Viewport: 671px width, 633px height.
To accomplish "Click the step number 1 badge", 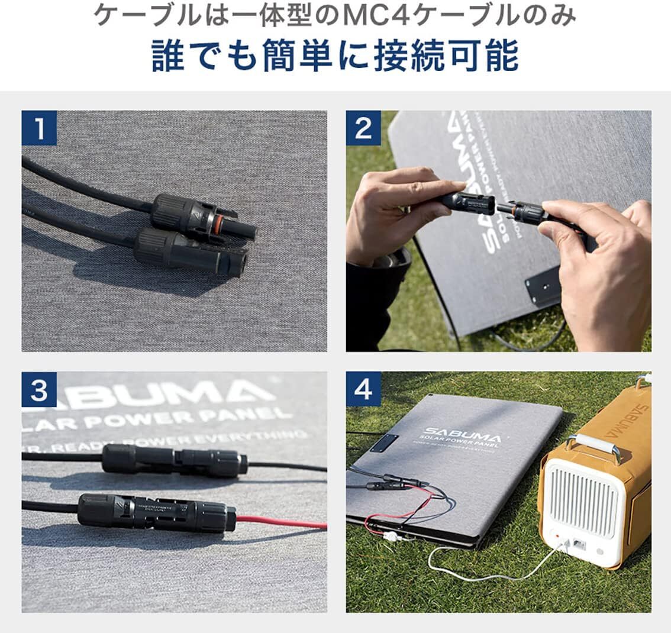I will (x=39, y=128).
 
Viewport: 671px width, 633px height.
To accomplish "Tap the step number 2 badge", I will (x=363, y=128).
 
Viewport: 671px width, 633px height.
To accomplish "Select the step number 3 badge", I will (x=39, y=389).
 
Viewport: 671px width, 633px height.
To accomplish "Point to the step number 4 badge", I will (x=363, y=389).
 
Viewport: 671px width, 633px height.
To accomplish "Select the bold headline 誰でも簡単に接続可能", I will (x=335, y=57).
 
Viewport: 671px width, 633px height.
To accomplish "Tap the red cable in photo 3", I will (x=284, y=522).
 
